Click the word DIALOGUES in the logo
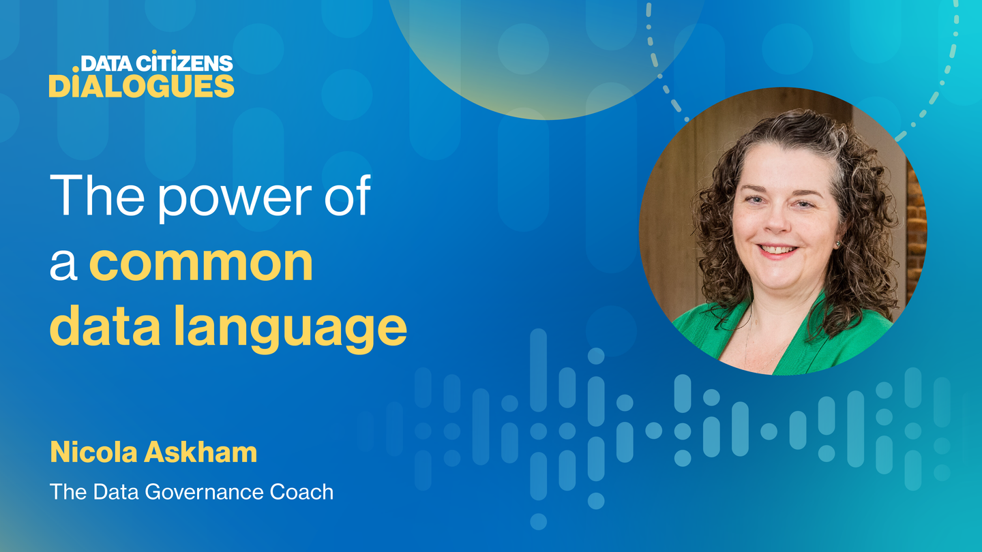coord(142,86)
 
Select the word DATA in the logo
coord(106,63)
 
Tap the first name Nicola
coord(94,452)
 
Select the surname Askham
coord(200,452)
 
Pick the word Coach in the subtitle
coord(301,492)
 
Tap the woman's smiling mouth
coord(778,251)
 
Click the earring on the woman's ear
coord(837,243)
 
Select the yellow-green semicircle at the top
coord(546,57)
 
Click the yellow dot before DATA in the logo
coord(76,70)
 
